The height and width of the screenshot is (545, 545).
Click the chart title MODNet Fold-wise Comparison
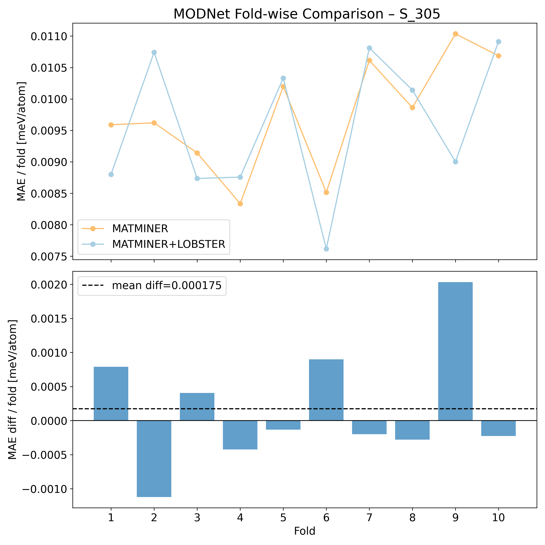[307, 14]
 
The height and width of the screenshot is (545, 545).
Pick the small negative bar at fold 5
[283, 425]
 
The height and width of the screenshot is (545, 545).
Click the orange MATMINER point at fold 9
[455, 34]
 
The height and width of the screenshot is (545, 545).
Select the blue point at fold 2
[154, 53]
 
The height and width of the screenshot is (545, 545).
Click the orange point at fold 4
[240, 204]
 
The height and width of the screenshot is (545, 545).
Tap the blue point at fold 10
[498, 42]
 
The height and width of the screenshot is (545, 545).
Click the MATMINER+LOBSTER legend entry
[168, 244]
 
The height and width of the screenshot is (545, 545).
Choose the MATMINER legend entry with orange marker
[140, 229]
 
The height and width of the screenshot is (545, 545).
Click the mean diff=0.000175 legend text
[167, 286]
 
